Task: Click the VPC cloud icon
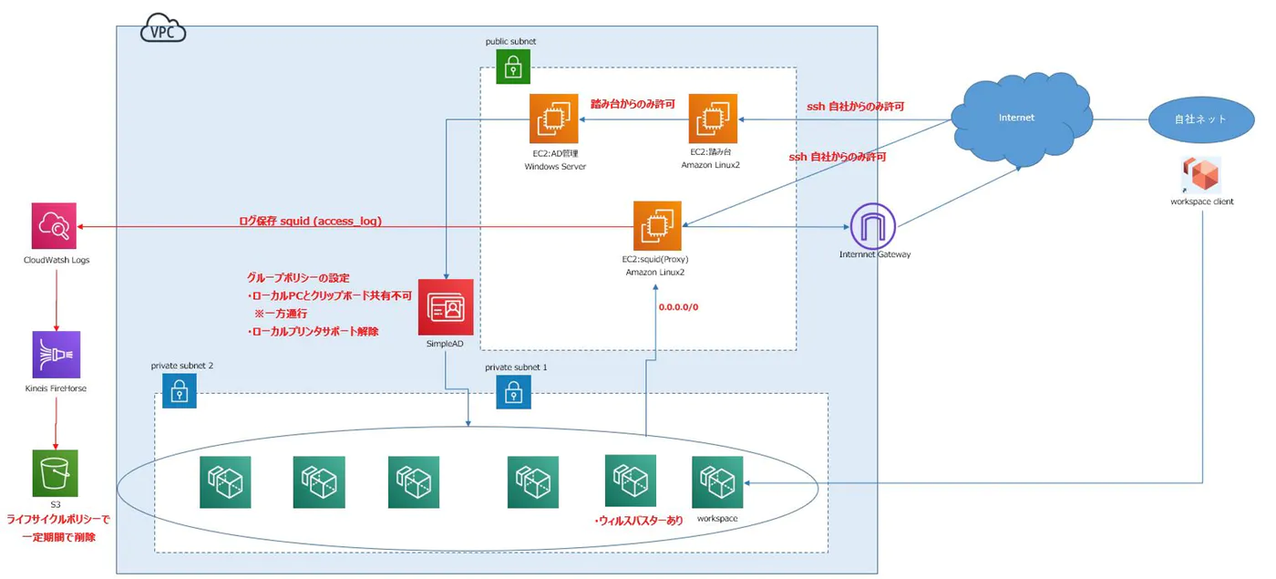[x=163, y=30]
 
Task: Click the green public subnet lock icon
[x=513, y=67]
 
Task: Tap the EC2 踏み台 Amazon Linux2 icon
[x=714, y=118]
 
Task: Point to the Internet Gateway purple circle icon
[x=873, y=224]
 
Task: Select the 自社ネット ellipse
[x=1199, y=119]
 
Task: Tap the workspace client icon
[x=1202, y=174]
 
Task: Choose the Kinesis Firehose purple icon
[x=56, y=355]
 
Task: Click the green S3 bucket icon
[x=55, y=473]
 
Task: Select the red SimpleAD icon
[x=446, y=306]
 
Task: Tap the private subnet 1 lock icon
[x=513, y=392]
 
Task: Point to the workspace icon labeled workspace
[x=717, y=481]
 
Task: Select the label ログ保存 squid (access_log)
[x=310, y=221]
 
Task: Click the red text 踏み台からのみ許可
[x=633, y=105]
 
